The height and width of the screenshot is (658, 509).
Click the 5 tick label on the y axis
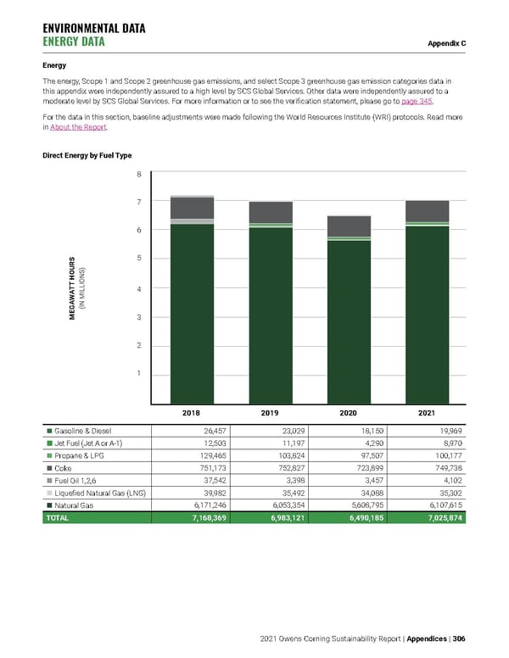[139, 258]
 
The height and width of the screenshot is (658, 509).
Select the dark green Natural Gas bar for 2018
[192, 314]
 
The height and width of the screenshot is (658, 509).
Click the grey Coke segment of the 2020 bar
[349, 226]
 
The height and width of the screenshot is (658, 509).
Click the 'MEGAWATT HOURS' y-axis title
[75, 288]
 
